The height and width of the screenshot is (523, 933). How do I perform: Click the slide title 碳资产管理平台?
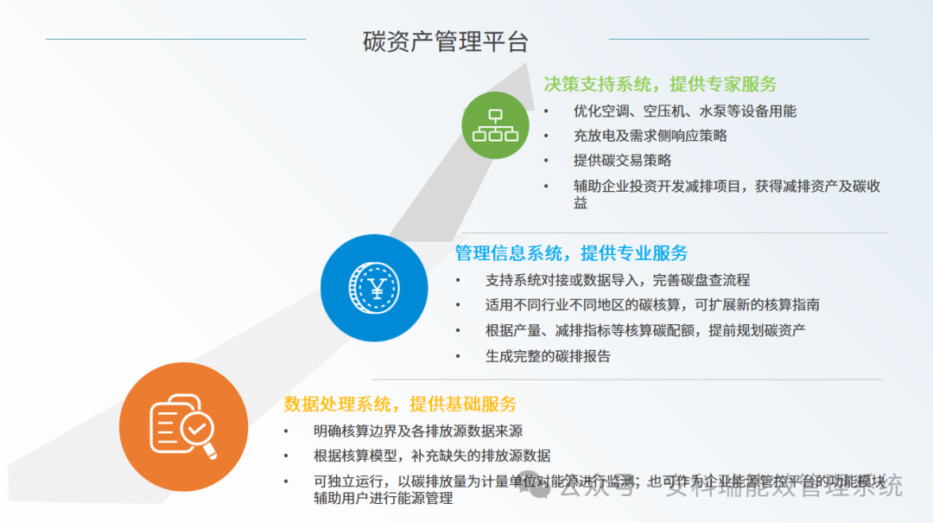445,41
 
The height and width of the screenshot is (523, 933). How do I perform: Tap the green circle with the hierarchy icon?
495,125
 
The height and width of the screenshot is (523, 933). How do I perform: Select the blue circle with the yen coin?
374,288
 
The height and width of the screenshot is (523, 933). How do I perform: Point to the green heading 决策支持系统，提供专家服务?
660,84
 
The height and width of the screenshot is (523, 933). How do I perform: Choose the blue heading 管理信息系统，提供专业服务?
571,253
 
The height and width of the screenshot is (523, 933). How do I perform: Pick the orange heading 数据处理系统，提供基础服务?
400,404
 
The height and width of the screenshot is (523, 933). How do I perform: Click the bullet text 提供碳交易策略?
622,160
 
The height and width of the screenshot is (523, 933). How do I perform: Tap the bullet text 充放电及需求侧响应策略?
650,136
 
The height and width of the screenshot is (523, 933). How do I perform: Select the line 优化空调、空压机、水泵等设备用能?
684,111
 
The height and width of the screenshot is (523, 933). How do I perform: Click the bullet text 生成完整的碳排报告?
548,355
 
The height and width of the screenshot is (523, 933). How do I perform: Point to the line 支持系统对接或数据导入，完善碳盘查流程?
617,280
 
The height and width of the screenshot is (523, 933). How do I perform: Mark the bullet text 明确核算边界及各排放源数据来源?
417,431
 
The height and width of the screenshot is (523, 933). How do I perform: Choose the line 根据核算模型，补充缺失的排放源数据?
431,456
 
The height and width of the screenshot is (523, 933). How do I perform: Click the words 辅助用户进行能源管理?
383,498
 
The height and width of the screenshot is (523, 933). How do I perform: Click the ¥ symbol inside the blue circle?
375,288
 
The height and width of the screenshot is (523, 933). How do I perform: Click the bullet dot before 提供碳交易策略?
546,161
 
